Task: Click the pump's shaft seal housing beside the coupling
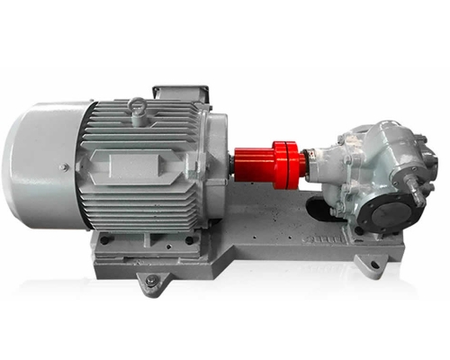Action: tap(318, 163)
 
